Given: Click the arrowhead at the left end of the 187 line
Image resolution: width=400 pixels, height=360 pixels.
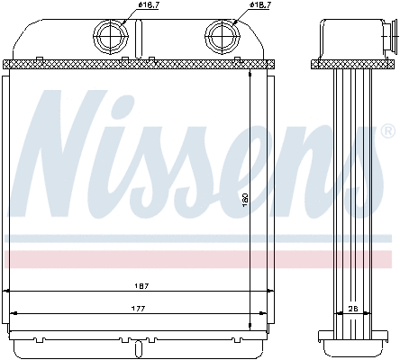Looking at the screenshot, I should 8,292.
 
